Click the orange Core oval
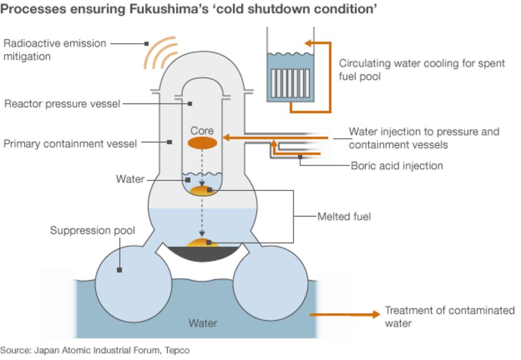point(202,143)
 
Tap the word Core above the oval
point(202,131)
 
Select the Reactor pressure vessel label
point(62,104)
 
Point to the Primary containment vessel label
point(70,143)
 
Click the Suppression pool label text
point(92,231)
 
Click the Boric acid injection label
point(397,166)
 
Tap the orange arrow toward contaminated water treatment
point(344,315)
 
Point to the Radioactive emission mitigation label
point(55,50)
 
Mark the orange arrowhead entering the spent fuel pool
point(308,43)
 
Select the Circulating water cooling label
point(422,69)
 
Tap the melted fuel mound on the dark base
point(202,244)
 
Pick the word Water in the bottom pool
point(203,323)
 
